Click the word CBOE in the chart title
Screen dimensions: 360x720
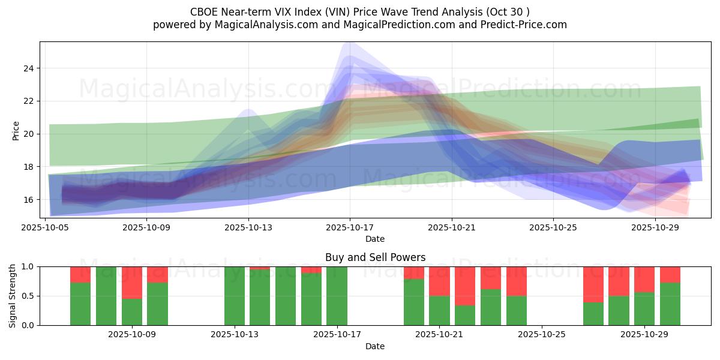click(x=204, y=12)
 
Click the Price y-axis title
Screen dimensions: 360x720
click(x=16, y=130)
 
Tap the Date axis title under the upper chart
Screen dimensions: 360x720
click(x=375, y=239)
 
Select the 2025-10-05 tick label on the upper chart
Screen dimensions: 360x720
click(x=46, y=227)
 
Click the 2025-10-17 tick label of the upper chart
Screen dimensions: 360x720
click(x=350, y=227)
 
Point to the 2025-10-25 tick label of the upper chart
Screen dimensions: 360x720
click(x=553, y=227)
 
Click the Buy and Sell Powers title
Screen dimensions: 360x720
click(x=375, y=257)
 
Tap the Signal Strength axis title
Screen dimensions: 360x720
click(x=13, y=295)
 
